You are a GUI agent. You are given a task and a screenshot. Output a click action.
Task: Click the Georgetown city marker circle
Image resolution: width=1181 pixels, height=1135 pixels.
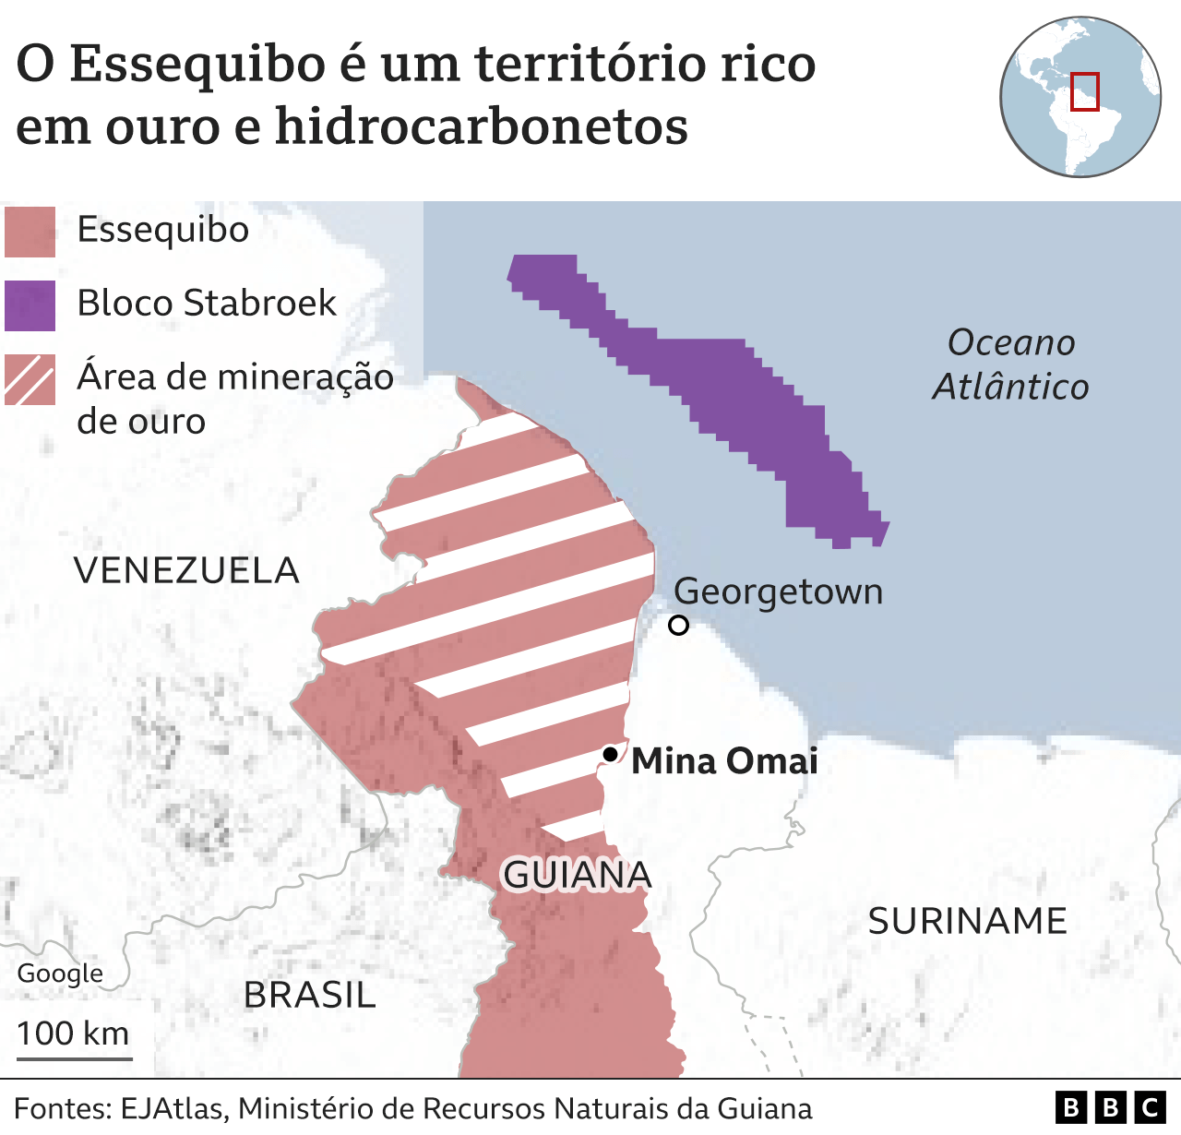click(678, 626)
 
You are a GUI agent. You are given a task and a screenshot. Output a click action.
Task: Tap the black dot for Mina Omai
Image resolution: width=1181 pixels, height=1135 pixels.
click(610, 754)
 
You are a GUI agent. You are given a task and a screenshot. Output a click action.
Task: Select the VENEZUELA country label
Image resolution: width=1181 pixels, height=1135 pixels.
click(186, 570)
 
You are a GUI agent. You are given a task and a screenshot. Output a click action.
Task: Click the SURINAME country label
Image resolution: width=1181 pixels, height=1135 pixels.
click(967, 921)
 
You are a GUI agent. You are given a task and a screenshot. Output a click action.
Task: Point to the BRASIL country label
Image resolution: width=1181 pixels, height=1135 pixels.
click(310, 995)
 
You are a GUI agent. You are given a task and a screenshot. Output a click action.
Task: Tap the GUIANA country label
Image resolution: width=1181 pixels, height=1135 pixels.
click(577, 875)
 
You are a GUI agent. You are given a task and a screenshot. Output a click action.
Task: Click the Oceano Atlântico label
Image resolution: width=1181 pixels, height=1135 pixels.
click(1011, 364)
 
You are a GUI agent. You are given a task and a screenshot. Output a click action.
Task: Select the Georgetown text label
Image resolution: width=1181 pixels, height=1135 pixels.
click(778, 591)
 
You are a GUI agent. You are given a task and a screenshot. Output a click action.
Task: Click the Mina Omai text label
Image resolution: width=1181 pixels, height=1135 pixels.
click(724, 761)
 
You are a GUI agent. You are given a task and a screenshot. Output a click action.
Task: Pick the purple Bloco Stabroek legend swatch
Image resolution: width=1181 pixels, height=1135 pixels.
click(30, 305)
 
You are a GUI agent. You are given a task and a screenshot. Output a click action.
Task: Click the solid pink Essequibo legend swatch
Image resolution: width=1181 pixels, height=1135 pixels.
click(30, 232)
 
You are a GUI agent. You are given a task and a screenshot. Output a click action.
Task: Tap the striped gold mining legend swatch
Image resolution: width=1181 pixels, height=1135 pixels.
click(30, 379)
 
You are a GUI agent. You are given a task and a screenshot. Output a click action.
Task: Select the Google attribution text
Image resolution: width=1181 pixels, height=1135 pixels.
click(60, 974)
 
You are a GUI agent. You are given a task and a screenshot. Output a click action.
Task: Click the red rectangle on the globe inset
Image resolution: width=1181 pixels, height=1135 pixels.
click(1084, 91)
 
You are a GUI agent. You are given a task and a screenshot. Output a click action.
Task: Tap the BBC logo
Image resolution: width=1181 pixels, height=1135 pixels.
click(1110, 1107)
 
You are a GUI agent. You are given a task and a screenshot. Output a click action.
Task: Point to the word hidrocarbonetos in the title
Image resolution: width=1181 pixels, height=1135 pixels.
click(481, 125)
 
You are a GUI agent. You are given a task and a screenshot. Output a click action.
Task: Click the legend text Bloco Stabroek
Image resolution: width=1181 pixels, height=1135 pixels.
click(207, 304)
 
